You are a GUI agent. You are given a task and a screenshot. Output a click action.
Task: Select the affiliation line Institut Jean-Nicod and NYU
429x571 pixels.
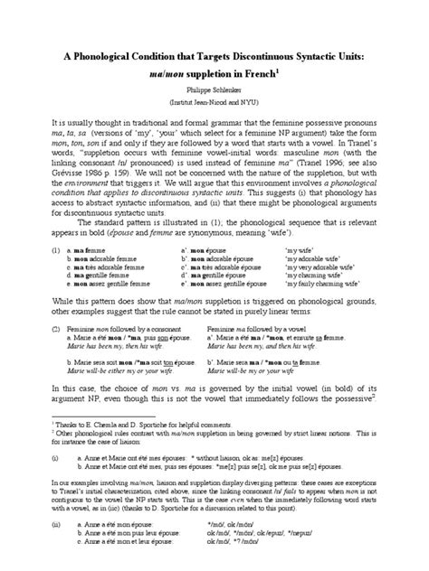(214, 96)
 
